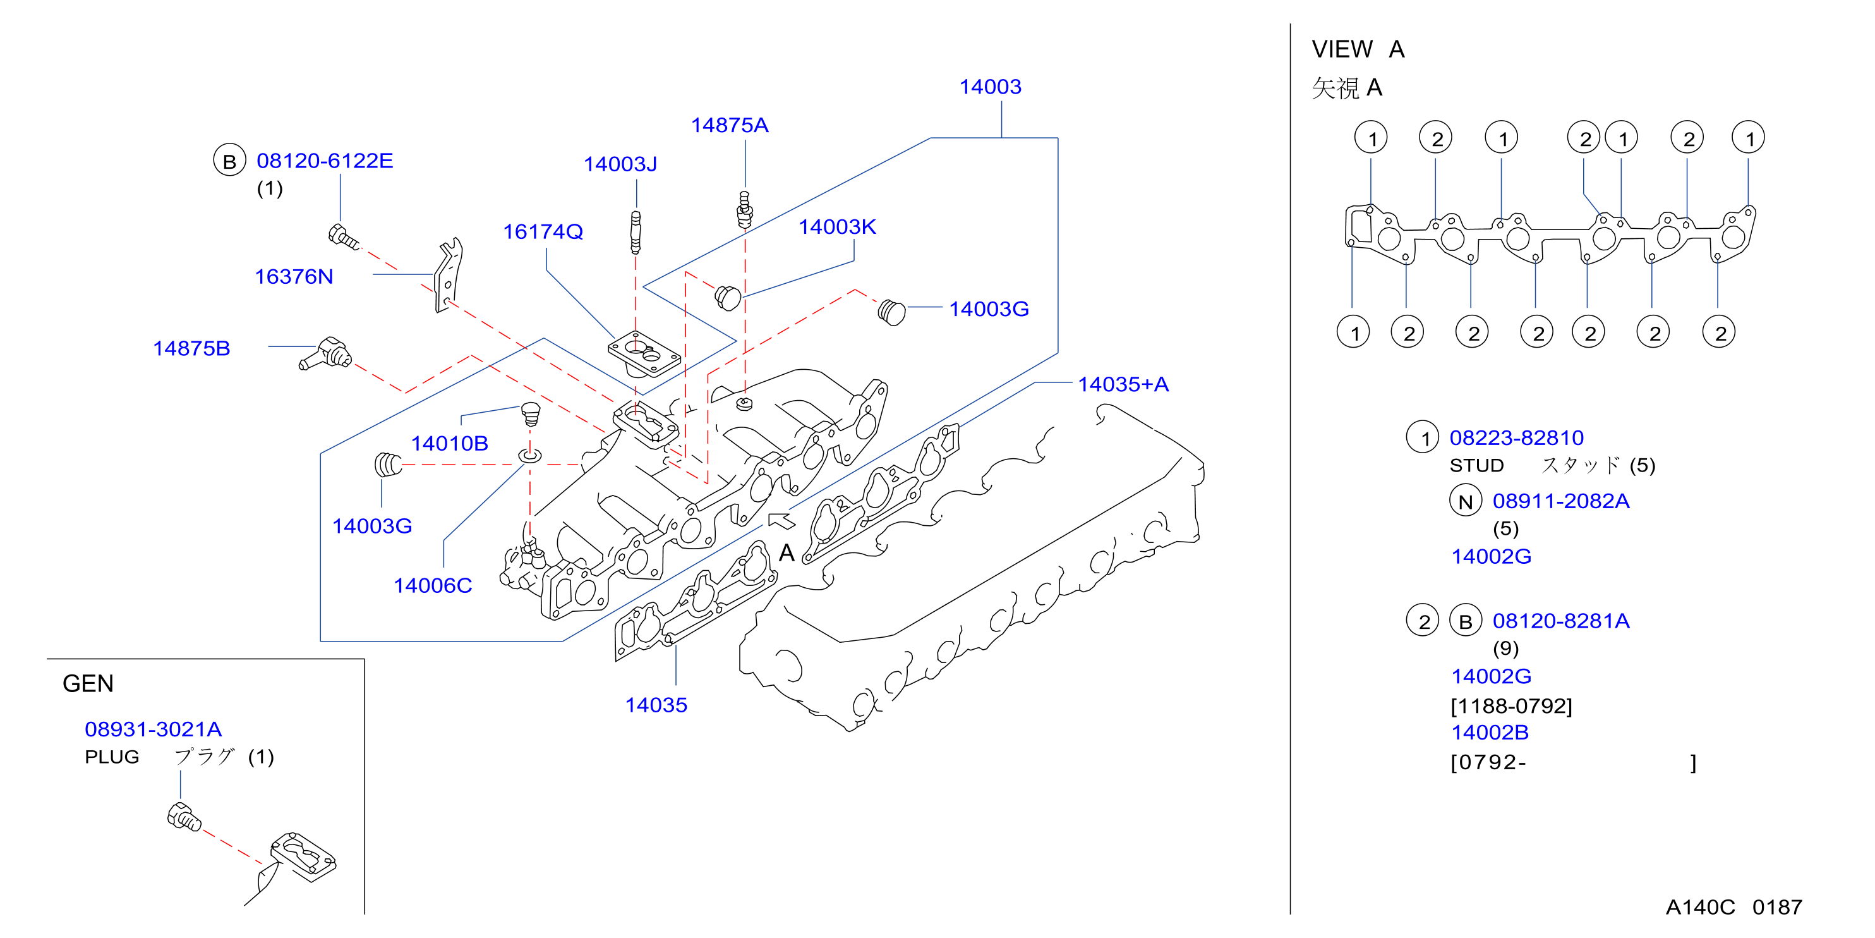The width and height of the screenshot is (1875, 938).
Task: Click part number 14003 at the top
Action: tap(990, 87)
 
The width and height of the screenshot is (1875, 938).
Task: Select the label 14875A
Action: tap(729, 125)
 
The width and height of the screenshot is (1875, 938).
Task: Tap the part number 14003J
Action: tap(620, 164)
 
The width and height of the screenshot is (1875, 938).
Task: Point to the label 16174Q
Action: tap(543, 231)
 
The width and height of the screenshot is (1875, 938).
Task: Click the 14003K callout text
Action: tap(837, 227)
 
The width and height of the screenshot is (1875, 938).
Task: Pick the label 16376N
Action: tap(294, 277)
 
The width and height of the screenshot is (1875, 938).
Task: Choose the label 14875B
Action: tap(191, 348)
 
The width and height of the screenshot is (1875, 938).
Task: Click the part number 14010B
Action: tap(449, 444)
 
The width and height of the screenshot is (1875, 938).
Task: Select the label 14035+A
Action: tap(1123, 384)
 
